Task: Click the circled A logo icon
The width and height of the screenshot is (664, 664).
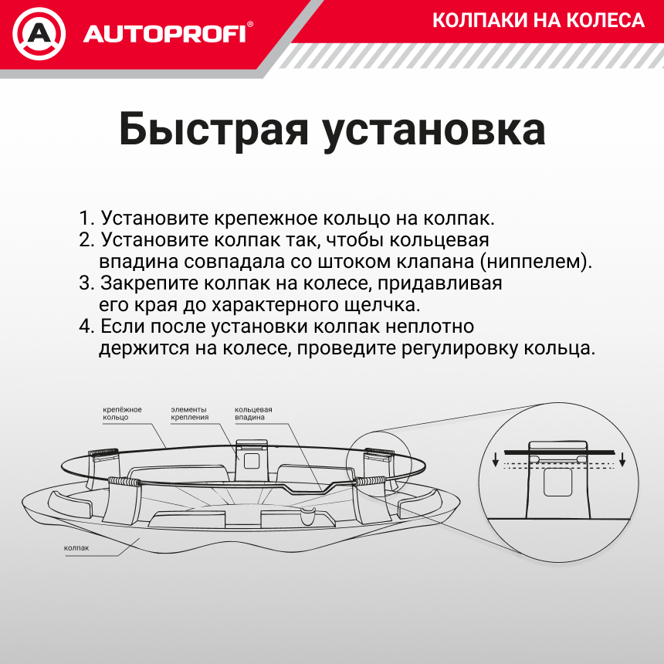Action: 39,34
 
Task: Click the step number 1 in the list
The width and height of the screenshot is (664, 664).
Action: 84,218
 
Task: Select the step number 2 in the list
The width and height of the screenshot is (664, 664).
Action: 85,239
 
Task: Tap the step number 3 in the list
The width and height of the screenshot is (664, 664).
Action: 85,283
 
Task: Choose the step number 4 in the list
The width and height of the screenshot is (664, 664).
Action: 85,326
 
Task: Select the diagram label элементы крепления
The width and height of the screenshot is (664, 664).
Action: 189,413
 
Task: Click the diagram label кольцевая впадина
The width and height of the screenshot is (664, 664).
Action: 252,413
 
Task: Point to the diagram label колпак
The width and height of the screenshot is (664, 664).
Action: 76,548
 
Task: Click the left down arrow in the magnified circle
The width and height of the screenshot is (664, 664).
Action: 494,461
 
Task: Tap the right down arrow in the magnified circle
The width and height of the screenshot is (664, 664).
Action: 622,461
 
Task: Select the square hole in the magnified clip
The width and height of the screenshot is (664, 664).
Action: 557,483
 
